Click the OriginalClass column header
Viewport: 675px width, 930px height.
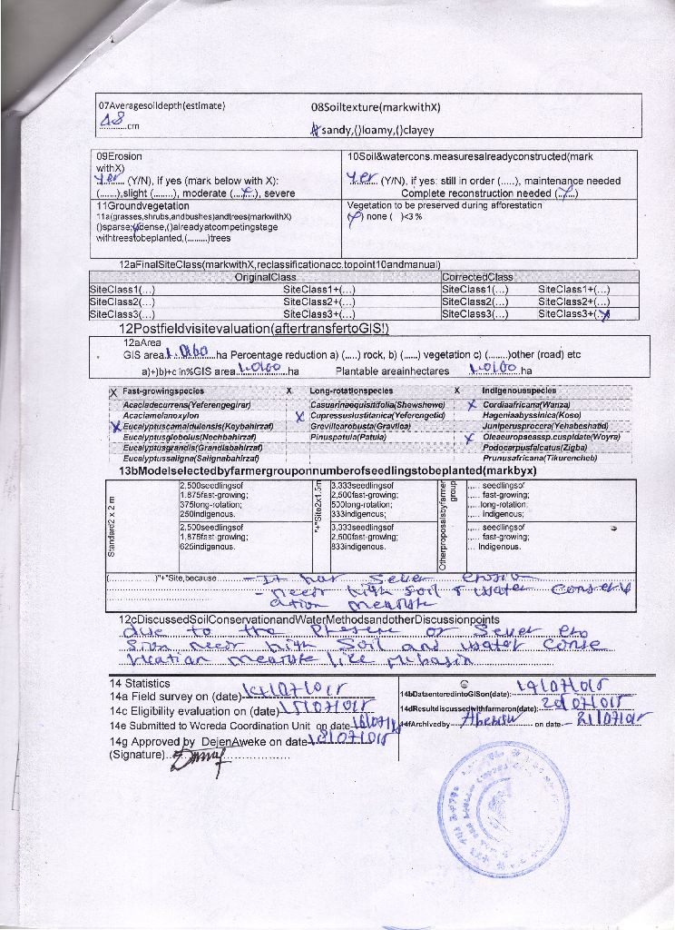(266, 277)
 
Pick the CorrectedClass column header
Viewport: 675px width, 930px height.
(477, 277)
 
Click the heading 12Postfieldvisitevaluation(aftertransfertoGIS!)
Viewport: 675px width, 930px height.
(254, 328)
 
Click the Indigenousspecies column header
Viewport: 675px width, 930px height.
(520, 390)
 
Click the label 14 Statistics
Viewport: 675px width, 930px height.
(140, 683)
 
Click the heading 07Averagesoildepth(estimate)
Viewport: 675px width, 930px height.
(161, 106)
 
